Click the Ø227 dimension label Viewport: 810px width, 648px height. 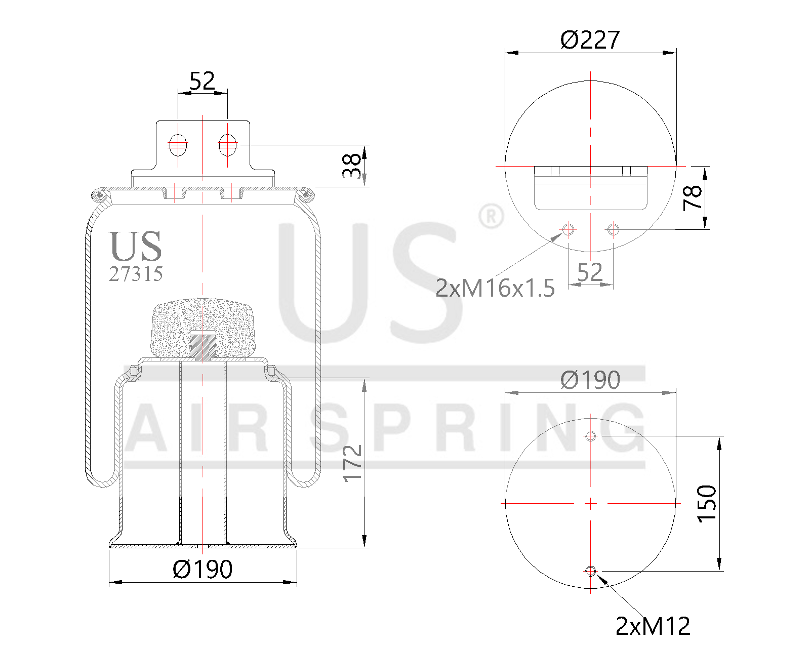click(x=590, y=40)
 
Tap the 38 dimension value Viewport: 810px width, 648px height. click(x=352, y=166)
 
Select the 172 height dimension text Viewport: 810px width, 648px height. click(x=352, y=463)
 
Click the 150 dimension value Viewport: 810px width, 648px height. click(x=707, y=503)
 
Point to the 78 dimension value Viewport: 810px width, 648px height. click(x=693, y=197)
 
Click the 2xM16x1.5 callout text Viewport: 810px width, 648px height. click(x=495, y=288)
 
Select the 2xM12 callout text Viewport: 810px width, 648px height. click(x=653, y=626)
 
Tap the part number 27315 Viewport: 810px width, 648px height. click(x=136, y=274)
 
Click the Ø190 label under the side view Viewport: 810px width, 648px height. click(x=202, y=569)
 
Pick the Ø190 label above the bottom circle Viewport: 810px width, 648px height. click(x=590, y=380)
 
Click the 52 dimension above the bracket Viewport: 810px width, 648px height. click(x=202, y=80)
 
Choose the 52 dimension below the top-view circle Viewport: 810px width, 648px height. click(x=590, y=272)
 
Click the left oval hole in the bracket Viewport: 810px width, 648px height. click(x=178, y=145)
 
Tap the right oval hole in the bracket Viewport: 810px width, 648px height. click(x=227, y=145)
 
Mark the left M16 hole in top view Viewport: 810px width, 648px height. click(x=568, y=229)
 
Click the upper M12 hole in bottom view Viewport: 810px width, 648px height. click(x=590, y=436)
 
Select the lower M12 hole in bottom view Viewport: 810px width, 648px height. click(x=590, y=571)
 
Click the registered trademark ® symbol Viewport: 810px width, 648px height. click(x=490, y=216)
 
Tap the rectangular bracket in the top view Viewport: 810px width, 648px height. click(x=590, y=188)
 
